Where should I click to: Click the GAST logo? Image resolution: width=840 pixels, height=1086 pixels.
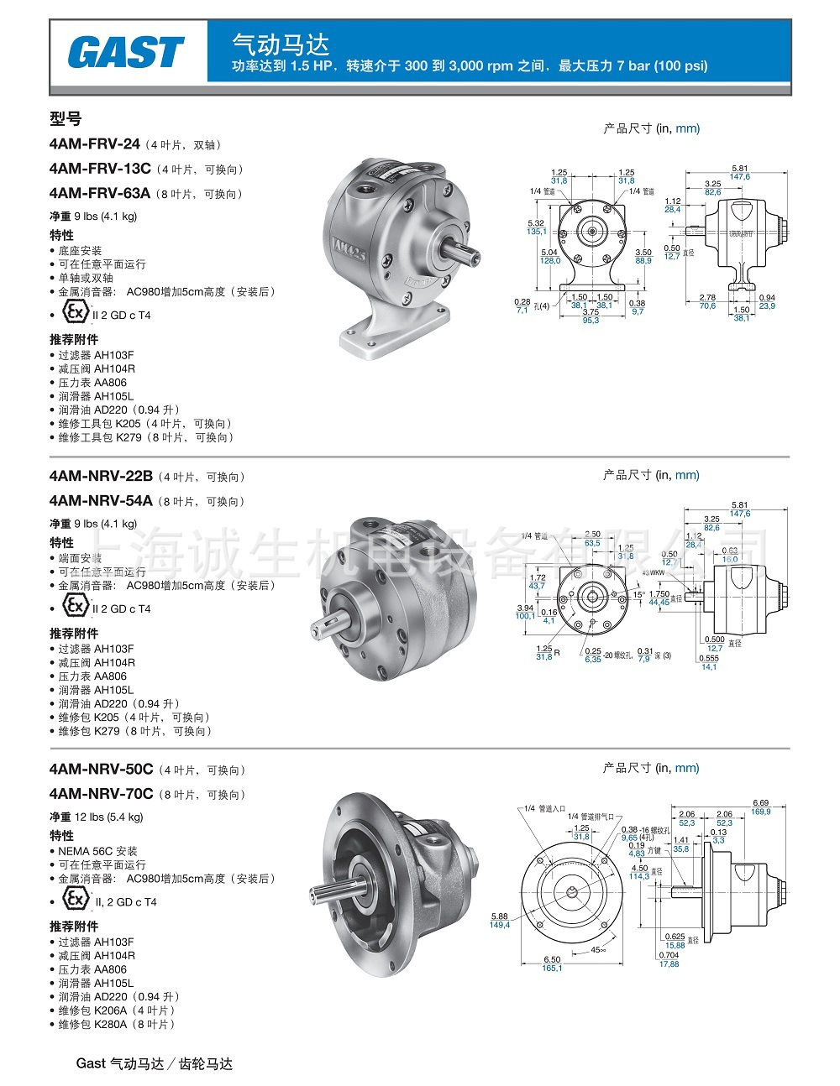pos(126,52)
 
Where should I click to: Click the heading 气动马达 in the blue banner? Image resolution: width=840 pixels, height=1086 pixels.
pos(281,44)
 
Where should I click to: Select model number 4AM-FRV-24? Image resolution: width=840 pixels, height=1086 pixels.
pos(95,144)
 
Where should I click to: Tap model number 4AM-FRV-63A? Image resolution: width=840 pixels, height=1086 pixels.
pos(100,193)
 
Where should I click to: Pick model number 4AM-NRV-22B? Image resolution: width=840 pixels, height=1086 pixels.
pos(101,476)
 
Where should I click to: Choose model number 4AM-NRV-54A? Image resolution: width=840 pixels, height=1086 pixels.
pos(101,501)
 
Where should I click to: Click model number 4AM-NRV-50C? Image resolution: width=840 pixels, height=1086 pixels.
pos(101,769)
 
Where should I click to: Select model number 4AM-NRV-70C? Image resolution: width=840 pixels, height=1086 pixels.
pos(101,794)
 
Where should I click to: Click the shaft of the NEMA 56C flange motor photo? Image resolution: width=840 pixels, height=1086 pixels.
pos(336,892)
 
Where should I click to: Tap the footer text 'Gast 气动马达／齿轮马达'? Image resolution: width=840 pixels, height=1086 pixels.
pos(155,1063)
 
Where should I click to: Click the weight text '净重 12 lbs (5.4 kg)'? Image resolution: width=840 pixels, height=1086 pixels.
pos(97,817)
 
